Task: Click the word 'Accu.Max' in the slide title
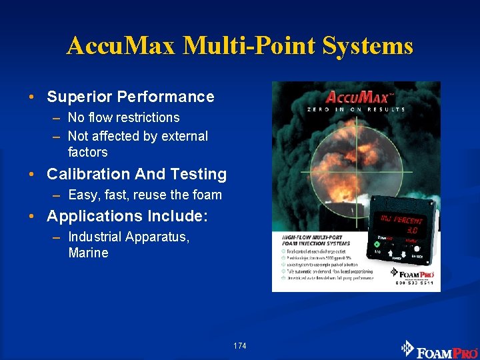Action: coord(121,46)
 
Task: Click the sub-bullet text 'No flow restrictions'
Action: coord(124,117)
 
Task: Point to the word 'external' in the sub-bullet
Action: coord(183,136)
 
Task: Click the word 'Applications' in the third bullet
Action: coord(94,216)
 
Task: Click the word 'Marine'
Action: coord(88,253)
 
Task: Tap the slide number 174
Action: coord(240,346)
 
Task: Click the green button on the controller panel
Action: coord(377,244)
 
